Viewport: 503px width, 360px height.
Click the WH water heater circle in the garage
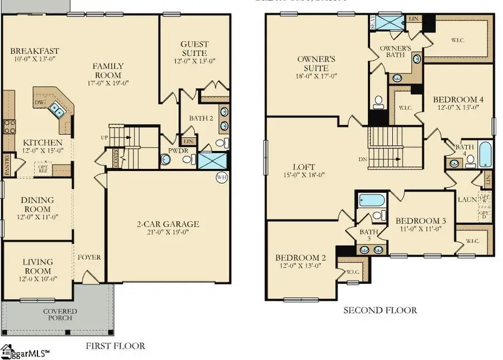221,178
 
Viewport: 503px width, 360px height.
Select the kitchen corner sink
56,109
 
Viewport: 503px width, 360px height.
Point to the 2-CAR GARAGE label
167,224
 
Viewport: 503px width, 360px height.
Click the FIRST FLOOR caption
116,346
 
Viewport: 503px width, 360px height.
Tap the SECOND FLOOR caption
380,310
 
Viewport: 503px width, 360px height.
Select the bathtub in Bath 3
369,200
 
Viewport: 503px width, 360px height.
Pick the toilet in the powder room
166,160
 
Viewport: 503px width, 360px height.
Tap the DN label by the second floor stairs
363,159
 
